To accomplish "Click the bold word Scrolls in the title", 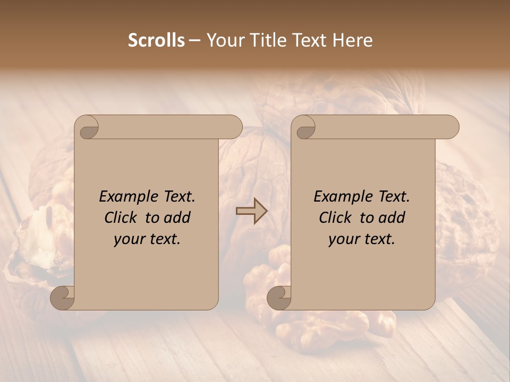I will pyautogui.click(x=156, y=40).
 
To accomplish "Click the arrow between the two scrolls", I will pyautogui.click(x=251, y=211).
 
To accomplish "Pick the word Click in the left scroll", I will pyautogui.click(x=121, y=218).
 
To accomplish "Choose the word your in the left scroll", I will pyautogui.click(x=129, y=239).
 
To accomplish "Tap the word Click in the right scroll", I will pyautogui.click(x=336, y=218).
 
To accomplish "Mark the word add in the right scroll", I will pyautogui.click(x=392, y=218).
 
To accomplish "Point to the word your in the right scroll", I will pyautogui.click(x=343, y=239).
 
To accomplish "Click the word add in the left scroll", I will pyautogui.click(x=177, y=218).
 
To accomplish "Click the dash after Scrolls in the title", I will pyautogui.click(x=195, y=41).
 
